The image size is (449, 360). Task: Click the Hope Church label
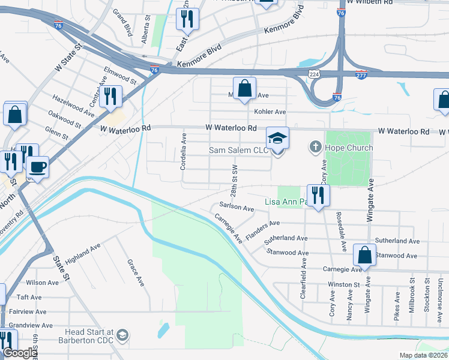click(349, 148)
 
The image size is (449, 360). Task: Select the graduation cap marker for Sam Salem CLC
click(277, 139)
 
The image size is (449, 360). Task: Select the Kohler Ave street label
click(270, 112)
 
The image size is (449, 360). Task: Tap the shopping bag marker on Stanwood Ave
click(364, 255)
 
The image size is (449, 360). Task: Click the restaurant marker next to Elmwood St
click(110, 97)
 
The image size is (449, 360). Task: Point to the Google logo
click(20, 353)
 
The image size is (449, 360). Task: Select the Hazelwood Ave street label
click(73, 104)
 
